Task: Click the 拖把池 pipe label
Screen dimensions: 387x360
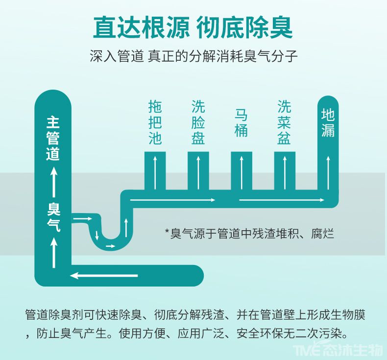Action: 155,122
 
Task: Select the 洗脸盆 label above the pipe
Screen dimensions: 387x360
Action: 198,122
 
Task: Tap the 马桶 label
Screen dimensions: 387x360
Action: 241,122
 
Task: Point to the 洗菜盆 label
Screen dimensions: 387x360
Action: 284,122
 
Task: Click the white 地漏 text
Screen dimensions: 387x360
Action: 328,122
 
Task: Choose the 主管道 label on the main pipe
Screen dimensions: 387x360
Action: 53,139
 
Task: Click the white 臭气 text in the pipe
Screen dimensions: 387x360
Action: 54,217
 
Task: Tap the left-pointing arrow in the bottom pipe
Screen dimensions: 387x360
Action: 104,275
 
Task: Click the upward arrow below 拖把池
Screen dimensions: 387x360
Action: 155,172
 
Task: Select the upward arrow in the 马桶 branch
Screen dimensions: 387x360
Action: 242,172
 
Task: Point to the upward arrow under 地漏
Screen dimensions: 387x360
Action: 328,172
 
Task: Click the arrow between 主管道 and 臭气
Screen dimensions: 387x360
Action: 54,181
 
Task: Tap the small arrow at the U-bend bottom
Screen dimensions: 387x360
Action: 111,246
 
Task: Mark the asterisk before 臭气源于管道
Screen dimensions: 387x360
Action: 168,232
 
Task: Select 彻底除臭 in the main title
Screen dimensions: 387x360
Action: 244,27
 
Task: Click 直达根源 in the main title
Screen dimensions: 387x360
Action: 141,27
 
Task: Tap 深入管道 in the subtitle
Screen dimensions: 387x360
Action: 117,56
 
